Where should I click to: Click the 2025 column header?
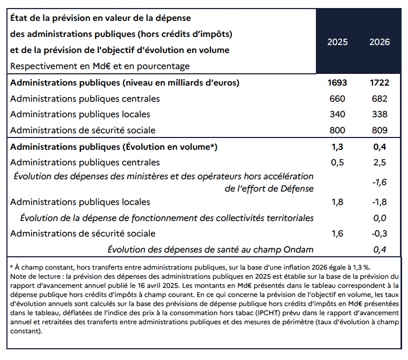tap(337, 42)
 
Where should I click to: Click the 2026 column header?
tap(380, 42)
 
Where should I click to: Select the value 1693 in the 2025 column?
tap(337, 83)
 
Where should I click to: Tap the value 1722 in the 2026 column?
tap(380, 83)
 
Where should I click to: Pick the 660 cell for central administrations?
tap(337, 99)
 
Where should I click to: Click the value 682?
tap(380, 99)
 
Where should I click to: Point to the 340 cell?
tap(337, 114)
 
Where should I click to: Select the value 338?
tap(380, 114)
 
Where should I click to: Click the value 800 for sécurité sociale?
tap(337, 130)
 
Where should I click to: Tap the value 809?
tap(380, 130)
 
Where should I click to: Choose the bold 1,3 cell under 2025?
tap(337, 147)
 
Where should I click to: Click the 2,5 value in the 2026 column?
tap(380, 163)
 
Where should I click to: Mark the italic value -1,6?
tap(380, 182)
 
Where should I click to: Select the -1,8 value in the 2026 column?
tap(380, 202)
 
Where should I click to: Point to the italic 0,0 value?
tap(380, 218)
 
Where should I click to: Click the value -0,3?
tap(380, 234)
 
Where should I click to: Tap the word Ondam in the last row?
tap(298, 250)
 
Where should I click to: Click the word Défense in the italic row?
tap(297, 189)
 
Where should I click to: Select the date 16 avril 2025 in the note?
tap(158, 286)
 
